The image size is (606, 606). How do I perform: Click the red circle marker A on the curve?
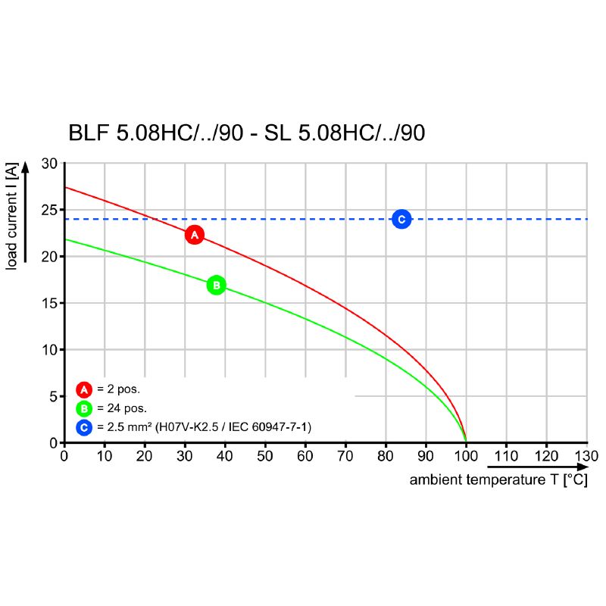(195, 235)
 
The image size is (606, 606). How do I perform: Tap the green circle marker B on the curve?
(216, 286)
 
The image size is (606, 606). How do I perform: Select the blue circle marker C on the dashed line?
(401, 219)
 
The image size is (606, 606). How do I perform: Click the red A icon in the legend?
(84, 390)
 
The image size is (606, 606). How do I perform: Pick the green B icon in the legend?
(84, 409)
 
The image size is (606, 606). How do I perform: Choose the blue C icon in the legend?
(84, 428)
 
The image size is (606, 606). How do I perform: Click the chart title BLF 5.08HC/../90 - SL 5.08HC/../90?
(247, 133)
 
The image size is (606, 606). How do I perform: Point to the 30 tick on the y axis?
(49, 164)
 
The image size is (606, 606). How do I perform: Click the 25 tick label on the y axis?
(49, 210)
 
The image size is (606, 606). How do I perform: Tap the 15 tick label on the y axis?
(49, 303)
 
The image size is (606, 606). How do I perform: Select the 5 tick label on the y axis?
(53, 396)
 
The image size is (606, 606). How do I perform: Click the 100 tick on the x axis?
(466, 456)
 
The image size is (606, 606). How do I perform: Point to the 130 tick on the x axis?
(586, 456)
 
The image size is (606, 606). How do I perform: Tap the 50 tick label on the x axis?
(265, 456)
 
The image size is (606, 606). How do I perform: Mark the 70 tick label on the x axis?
(345, 456)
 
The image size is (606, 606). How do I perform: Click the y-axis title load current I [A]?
(12, 216)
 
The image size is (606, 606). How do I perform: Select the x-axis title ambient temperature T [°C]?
(498, 480)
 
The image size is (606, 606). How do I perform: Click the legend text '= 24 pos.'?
(122, 409)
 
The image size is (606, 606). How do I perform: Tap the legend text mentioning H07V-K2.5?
(205, 428)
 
